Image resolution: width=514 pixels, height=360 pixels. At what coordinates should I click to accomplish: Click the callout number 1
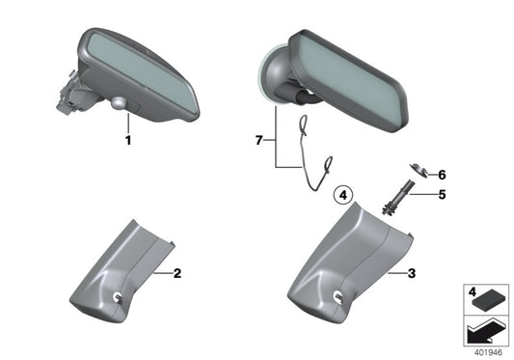click(x=125, y=139)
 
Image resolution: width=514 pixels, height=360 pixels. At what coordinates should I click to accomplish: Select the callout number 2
click(x=176, y=274)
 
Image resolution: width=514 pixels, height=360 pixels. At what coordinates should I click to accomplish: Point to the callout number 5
click(x=443, y=193)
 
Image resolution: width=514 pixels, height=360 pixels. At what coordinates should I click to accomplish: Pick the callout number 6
click(x=443, y=175)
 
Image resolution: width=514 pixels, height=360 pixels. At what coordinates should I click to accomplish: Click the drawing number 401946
click(x=488, y=352)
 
